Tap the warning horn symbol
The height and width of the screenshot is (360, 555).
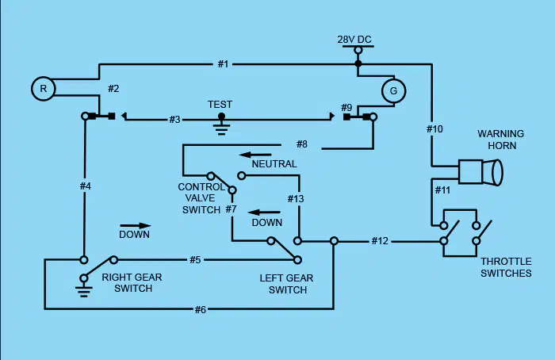click(480, 172)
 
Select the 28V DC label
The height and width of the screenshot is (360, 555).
click(354, 40)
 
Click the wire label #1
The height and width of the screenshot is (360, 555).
click(223, 64)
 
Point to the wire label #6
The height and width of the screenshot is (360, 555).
click(201, 310)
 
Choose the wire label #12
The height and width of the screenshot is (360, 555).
click(380, 241)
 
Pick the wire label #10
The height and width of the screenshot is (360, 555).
click(434, 129)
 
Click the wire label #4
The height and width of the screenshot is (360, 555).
click(86, 186)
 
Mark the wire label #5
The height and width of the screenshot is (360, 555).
click(195, 260)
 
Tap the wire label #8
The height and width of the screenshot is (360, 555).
click(302, 144)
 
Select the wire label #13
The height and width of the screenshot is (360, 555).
click(296, 199)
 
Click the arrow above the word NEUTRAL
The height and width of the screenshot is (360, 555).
click(255, 155)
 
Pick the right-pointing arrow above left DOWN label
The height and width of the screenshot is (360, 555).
click(136, 225)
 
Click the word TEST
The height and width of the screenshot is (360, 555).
click(220, 105)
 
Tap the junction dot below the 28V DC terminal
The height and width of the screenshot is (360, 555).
click(358, 63)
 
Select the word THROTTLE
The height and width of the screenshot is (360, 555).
click(506, 262)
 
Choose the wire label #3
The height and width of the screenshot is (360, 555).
click(175, 120)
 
